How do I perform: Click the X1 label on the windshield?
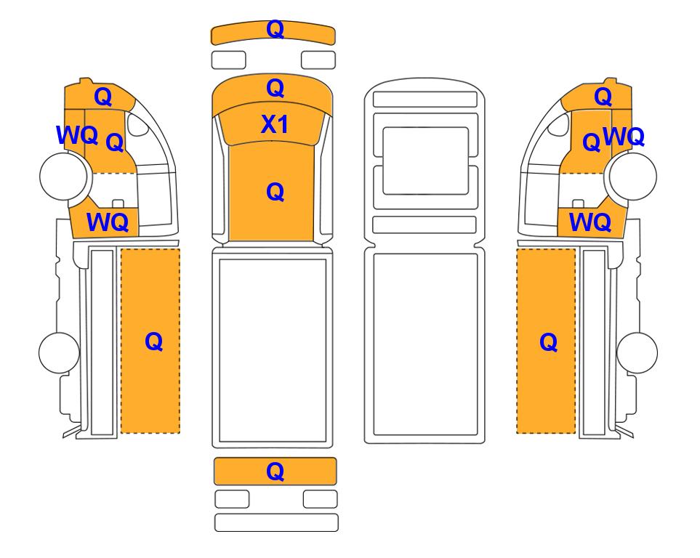pos(275,124)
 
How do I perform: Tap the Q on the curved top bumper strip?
pos(275,30)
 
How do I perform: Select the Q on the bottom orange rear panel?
pos(275,472)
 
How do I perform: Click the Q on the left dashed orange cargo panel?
pos(153,342)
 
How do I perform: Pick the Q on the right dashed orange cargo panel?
pos(548,343)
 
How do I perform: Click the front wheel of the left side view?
pos(63,176)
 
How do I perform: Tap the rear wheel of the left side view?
pos(60,352)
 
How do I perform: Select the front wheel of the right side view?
pos(633,176)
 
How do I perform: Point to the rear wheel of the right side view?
pos(637,352)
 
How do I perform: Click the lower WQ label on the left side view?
pos(108,222)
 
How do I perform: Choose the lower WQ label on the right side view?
pos(590,222)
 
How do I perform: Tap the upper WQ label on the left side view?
pos(77,135)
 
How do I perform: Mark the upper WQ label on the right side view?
pos(624,137)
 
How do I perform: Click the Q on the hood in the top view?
pos(275,88)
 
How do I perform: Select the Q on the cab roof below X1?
pos(275,192)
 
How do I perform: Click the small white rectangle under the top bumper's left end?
pos(228,60)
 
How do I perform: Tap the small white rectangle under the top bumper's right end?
pos(318,60)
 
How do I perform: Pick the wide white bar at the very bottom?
pos(276,522)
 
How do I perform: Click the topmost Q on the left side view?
pos(103,97)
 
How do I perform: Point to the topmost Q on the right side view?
pos(603,97)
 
